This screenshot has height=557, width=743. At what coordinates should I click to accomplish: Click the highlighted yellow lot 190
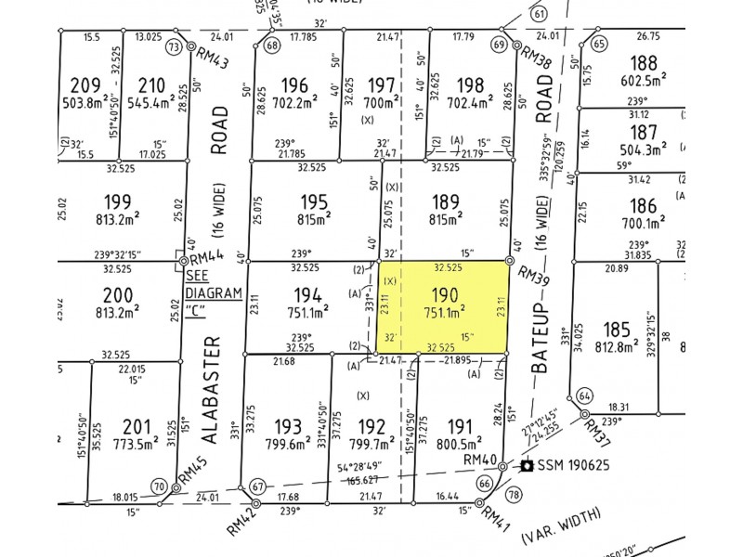point(444,307)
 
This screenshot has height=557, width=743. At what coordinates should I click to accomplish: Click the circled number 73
point(174,45)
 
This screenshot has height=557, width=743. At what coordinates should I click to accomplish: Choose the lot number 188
point(643,63)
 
